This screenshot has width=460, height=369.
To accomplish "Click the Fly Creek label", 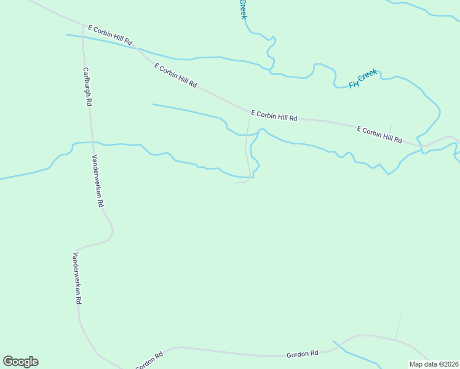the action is click(363, 79).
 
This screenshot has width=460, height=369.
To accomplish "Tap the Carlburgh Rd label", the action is click(87, 87).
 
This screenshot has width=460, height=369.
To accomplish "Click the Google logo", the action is click(20, 362).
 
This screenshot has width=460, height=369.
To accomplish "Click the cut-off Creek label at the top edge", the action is click(243, 9).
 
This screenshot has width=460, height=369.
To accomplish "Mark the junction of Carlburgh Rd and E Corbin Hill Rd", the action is click(82, 26).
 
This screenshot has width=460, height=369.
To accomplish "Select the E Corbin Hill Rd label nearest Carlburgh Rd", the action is click(110, 35).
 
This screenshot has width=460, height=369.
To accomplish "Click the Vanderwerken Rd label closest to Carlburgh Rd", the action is click(97, 180).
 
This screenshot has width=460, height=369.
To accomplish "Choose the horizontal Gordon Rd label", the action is click(303, 354).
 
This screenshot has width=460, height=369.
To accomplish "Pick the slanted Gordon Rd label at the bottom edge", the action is click(149, 360).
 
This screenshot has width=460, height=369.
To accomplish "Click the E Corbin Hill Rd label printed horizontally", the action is click(274, 115).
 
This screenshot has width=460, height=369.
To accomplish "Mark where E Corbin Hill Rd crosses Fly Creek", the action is click(422, 146).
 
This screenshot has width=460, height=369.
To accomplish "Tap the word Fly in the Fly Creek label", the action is click(354, 84).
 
